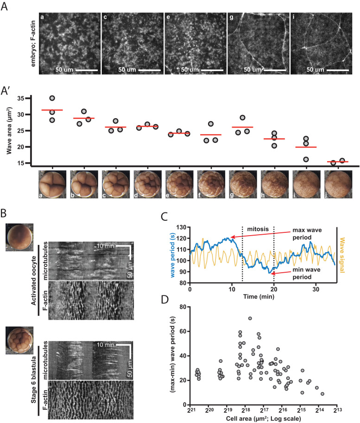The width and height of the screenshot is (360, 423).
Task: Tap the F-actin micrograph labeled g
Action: coord(257,44)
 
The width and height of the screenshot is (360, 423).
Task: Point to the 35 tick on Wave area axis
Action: coord(24,98)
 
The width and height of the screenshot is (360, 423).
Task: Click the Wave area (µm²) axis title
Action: coord(8,130)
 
